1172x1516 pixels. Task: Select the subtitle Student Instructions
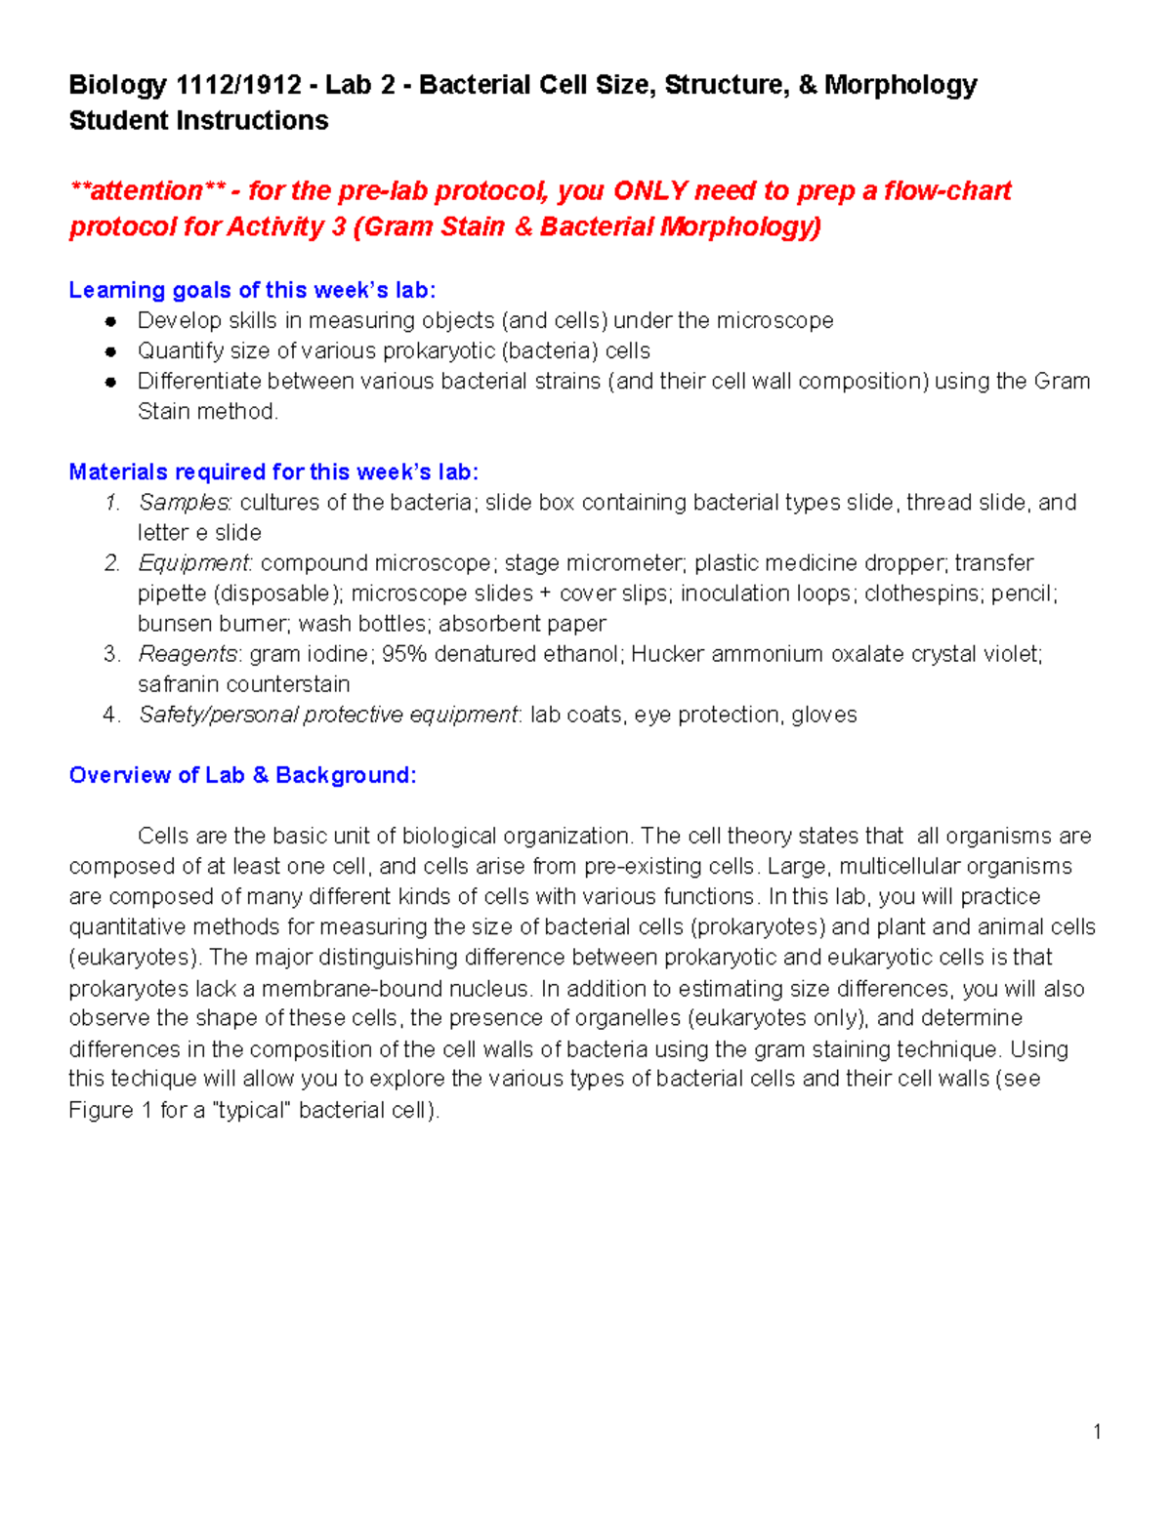click(198, 121)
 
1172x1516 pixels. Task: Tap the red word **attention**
click(146, 190)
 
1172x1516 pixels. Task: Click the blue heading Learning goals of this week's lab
click(252, 290)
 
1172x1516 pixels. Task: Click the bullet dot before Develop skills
click(111, 321)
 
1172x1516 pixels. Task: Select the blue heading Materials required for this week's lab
click(273, 472)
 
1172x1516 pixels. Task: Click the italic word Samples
click(184, 503)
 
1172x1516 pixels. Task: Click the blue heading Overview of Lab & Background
click(242, 775)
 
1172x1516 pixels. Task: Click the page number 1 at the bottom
click(1098, 1432)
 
